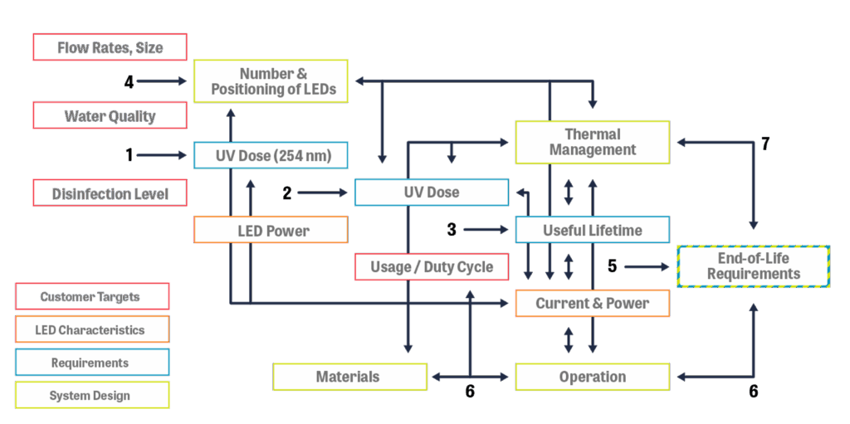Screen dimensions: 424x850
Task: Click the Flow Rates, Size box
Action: click(110, 47)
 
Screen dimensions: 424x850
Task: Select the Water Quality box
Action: click(110, 115)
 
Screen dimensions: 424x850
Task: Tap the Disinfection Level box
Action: click(110, 193)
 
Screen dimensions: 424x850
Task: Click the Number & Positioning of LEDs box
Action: click(271, 81)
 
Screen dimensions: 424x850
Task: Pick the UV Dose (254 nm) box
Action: click(271, 155)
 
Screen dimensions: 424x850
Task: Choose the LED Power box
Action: click(271, 230)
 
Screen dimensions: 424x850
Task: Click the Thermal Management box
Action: click(592, 142)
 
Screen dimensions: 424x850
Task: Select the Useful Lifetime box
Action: click(592, 230)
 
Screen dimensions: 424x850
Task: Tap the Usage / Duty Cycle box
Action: click(431, 266)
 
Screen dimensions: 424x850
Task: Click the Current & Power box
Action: click(592, 303)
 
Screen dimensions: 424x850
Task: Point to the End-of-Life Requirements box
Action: click(754, 266)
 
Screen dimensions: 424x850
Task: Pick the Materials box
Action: click(349, 377)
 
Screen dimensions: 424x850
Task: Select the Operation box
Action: click(592, 377)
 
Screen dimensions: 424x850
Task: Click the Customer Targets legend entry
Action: click(92, 297)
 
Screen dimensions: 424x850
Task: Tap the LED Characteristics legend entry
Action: click(92, 329)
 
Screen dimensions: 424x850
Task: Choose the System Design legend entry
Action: click(92, 395)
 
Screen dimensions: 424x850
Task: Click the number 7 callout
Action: click(765, 144)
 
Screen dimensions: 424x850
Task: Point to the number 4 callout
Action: click(129, 81)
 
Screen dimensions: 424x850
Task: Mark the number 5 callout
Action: click(613, 266)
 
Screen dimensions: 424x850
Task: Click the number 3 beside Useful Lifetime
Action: click(452, 229)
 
